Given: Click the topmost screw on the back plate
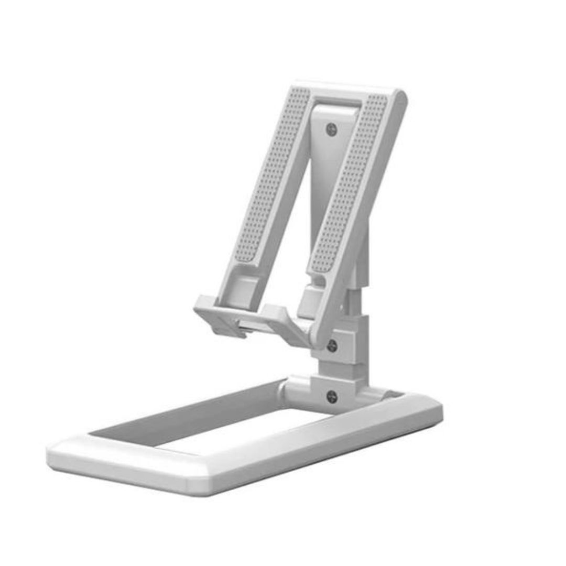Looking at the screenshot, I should [331, 129].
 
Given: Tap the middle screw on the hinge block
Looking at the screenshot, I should [331, 345].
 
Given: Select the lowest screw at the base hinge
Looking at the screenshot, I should [332, 397].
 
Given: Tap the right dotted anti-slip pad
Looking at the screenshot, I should [350, 183].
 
